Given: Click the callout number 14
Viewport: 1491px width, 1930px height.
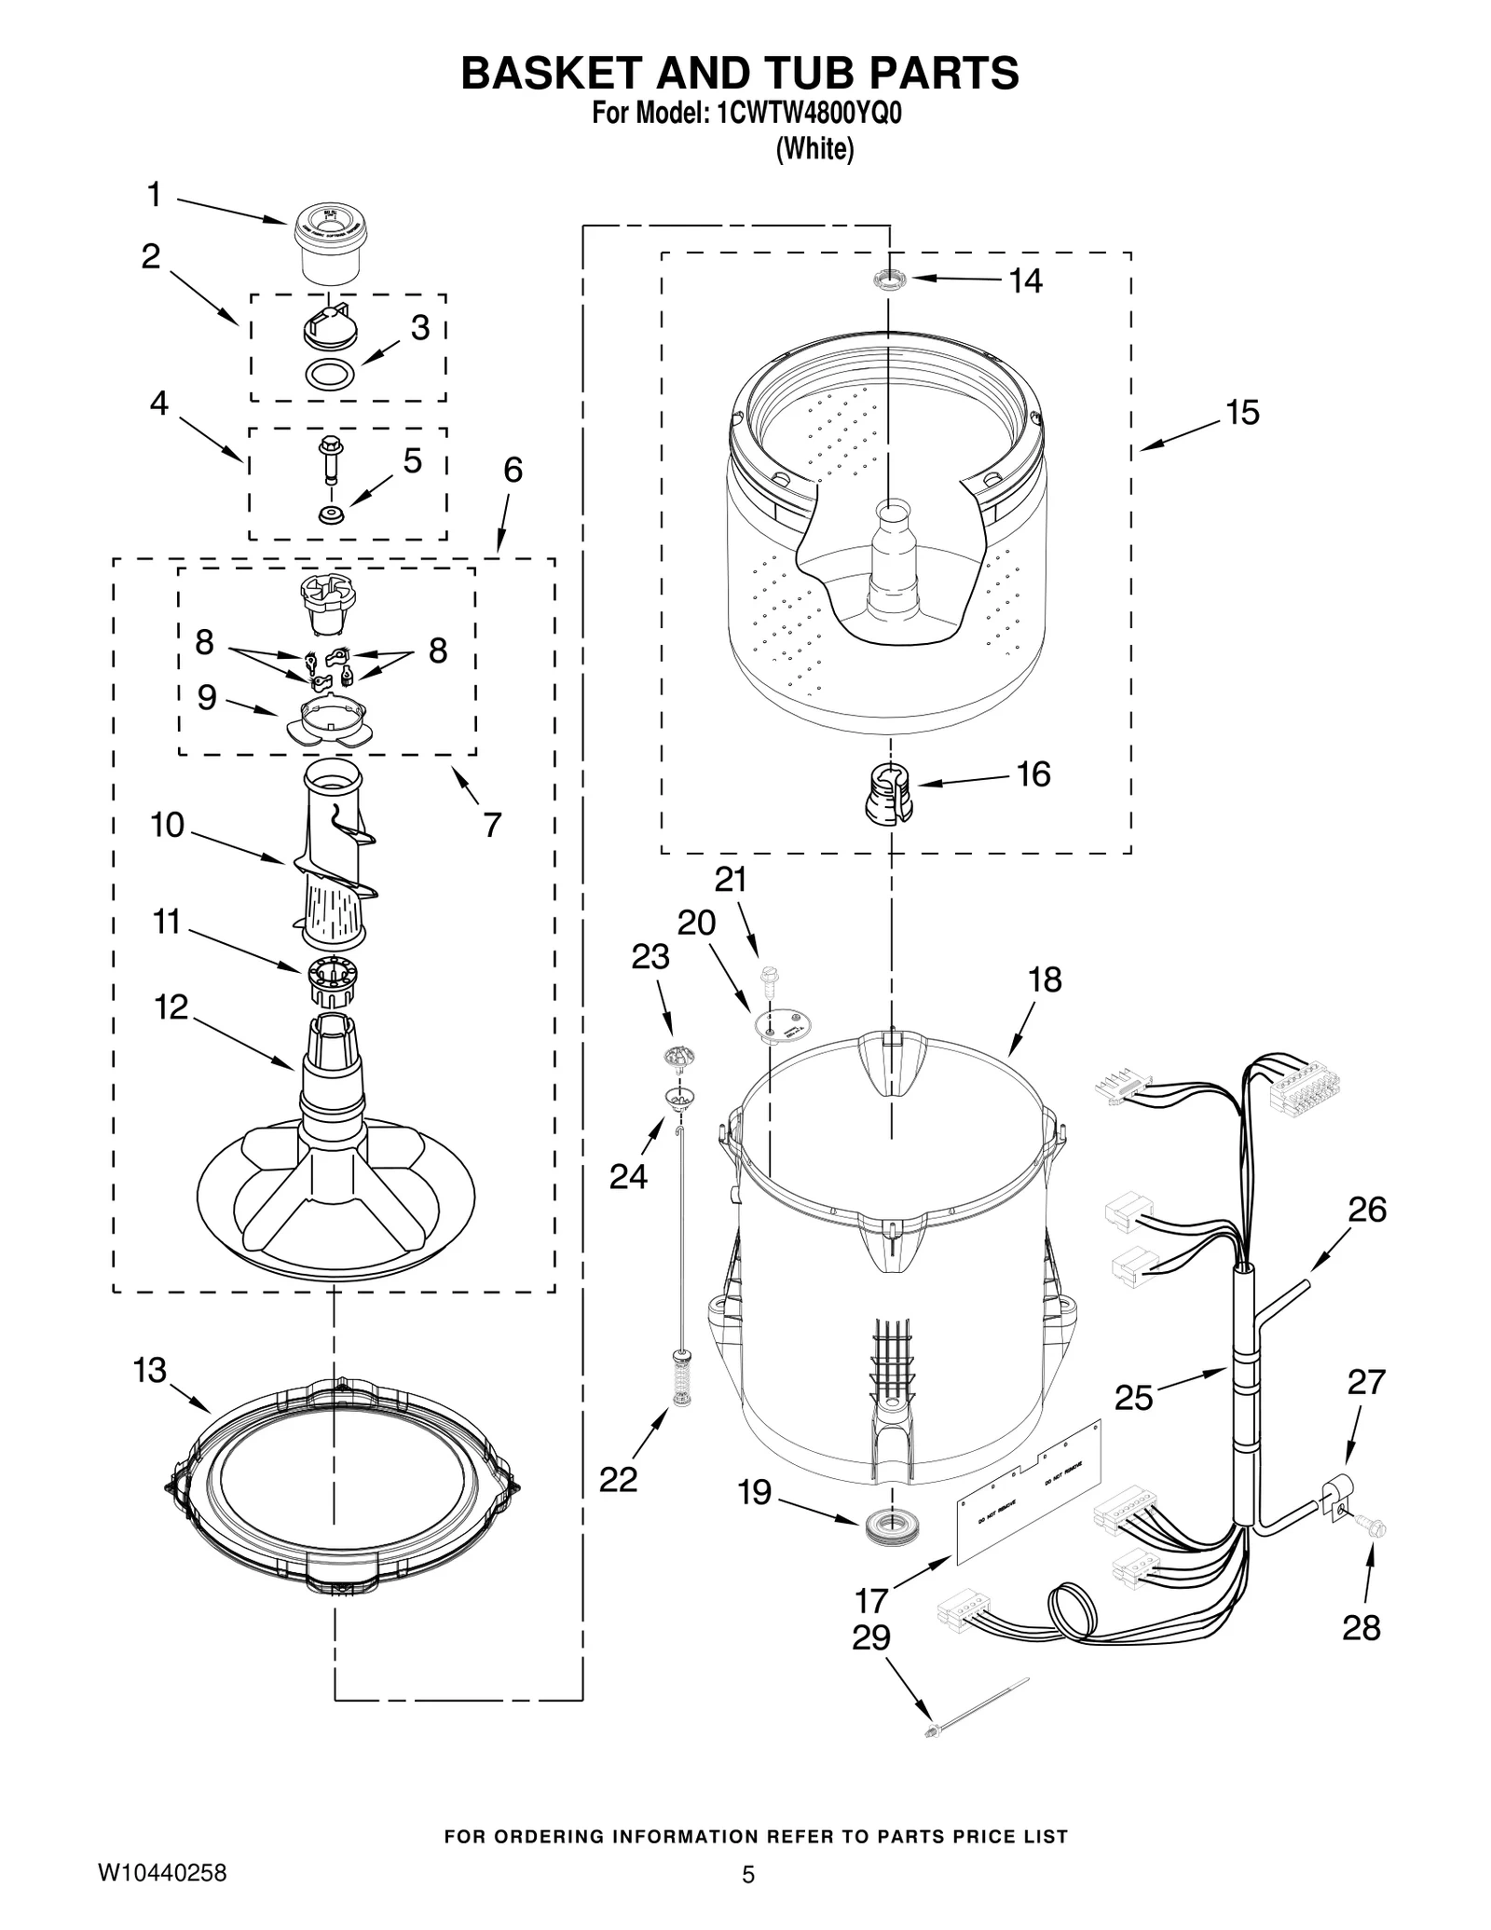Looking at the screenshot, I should (x=1026, y=281).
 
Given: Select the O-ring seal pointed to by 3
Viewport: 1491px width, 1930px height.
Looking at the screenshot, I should (x=330, y=374).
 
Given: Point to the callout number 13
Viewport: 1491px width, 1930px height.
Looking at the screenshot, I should (x=149, y=1370).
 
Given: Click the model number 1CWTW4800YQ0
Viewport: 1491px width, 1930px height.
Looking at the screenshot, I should (x=808, y=114).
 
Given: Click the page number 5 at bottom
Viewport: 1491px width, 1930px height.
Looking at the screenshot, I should (x=747, y=1875).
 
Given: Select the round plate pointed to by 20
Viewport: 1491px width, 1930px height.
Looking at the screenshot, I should (x=781, y=1023).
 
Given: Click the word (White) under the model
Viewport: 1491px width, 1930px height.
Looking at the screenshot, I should (x=814, y=148).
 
